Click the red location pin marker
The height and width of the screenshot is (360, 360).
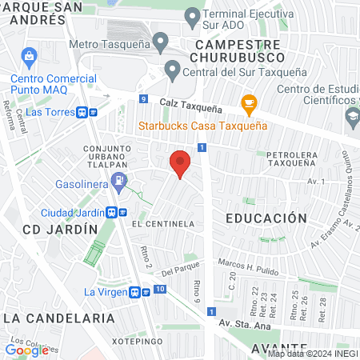(181, 163)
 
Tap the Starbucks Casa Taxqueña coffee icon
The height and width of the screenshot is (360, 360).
(248, 103)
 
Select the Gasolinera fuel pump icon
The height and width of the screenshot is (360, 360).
(119, 180)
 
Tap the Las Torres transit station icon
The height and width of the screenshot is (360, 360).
(84, 113)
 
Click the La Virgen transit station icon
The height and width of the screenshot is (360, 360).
(138, 293)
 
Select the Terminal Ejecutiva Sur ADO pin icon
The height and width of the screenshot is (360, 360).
(192, 16)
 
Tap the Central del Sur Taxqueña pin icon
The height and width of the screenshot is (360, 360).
(172, 70)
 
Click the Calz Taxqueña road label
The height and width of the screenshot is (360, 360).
(190, 105)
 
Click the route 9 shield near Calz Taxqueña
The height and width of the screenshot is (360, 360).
(142, 99)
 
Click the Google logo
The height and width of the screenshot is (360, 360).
(26, 350)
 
